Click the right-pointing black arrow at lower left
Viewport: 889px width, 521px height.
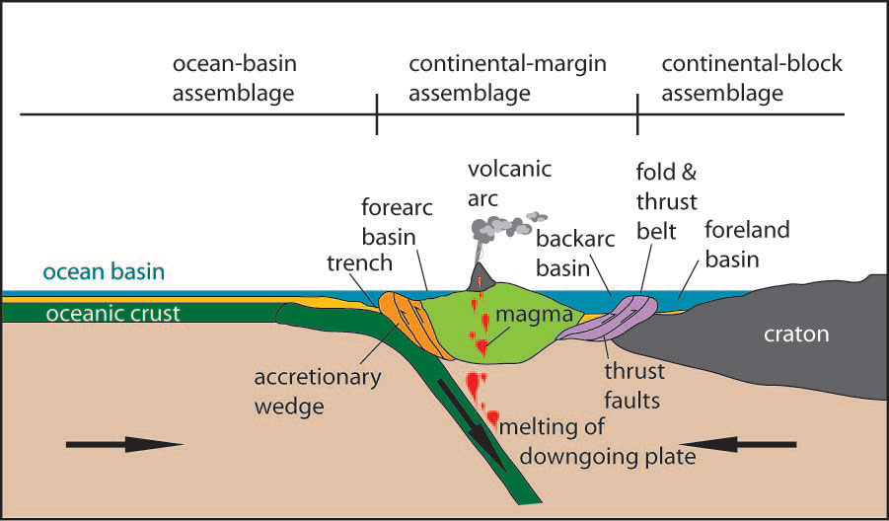(x=124, y=445)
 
